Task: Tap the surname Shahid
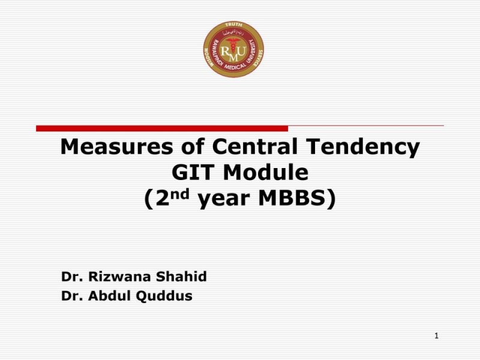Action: coord(181,277)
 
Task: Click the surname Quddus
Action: coord(166,296)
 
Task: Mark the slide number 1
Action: coord(437,336)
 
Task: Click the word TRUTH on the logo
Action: coord(233,26)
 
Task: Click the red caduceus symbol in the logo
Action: coord(233,48)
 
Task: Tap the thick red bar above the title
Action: coord(162,128)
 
